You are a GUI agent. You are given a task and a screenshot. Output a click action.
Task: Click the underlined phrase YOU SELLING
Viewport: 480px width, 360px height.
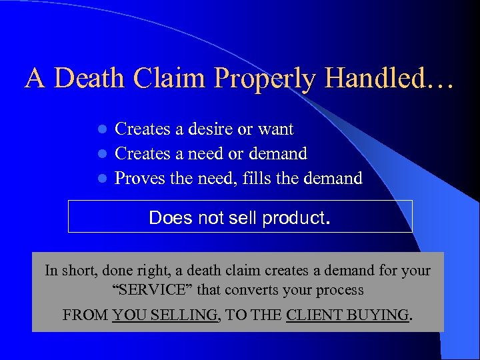click(x=165, y=315)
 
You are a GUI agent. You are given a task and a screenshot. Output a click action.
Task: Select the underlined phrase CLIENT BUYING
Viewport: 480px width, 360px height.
click(x=347, y=315)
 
